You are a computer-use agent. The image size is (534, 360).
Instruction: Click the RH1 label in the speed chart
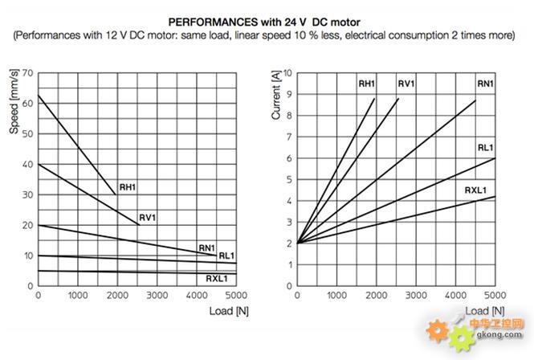coord(128,188)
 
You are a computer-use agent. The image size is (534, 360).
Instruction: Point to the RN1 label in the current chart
coord(485,84)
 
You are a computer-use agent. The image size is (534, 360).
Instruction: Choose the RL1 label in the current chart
coord(485,148)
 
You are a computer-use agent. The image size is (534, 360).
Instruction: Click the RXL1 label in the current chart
coord(475,190)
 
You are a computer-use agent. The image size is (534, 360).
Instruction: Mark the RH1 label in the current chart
coord(367,84)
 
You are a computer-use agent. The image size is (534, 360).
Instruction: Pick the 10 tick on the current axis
coord(287,73)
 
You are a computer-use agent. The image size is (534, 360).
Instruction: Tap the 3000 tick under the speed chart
coord(157,296)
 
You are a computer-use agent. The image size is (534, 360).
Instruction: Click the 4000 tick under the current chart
coord(455,296)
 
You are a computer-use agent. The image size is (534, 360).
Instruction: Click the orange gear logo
coord(438,329)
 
